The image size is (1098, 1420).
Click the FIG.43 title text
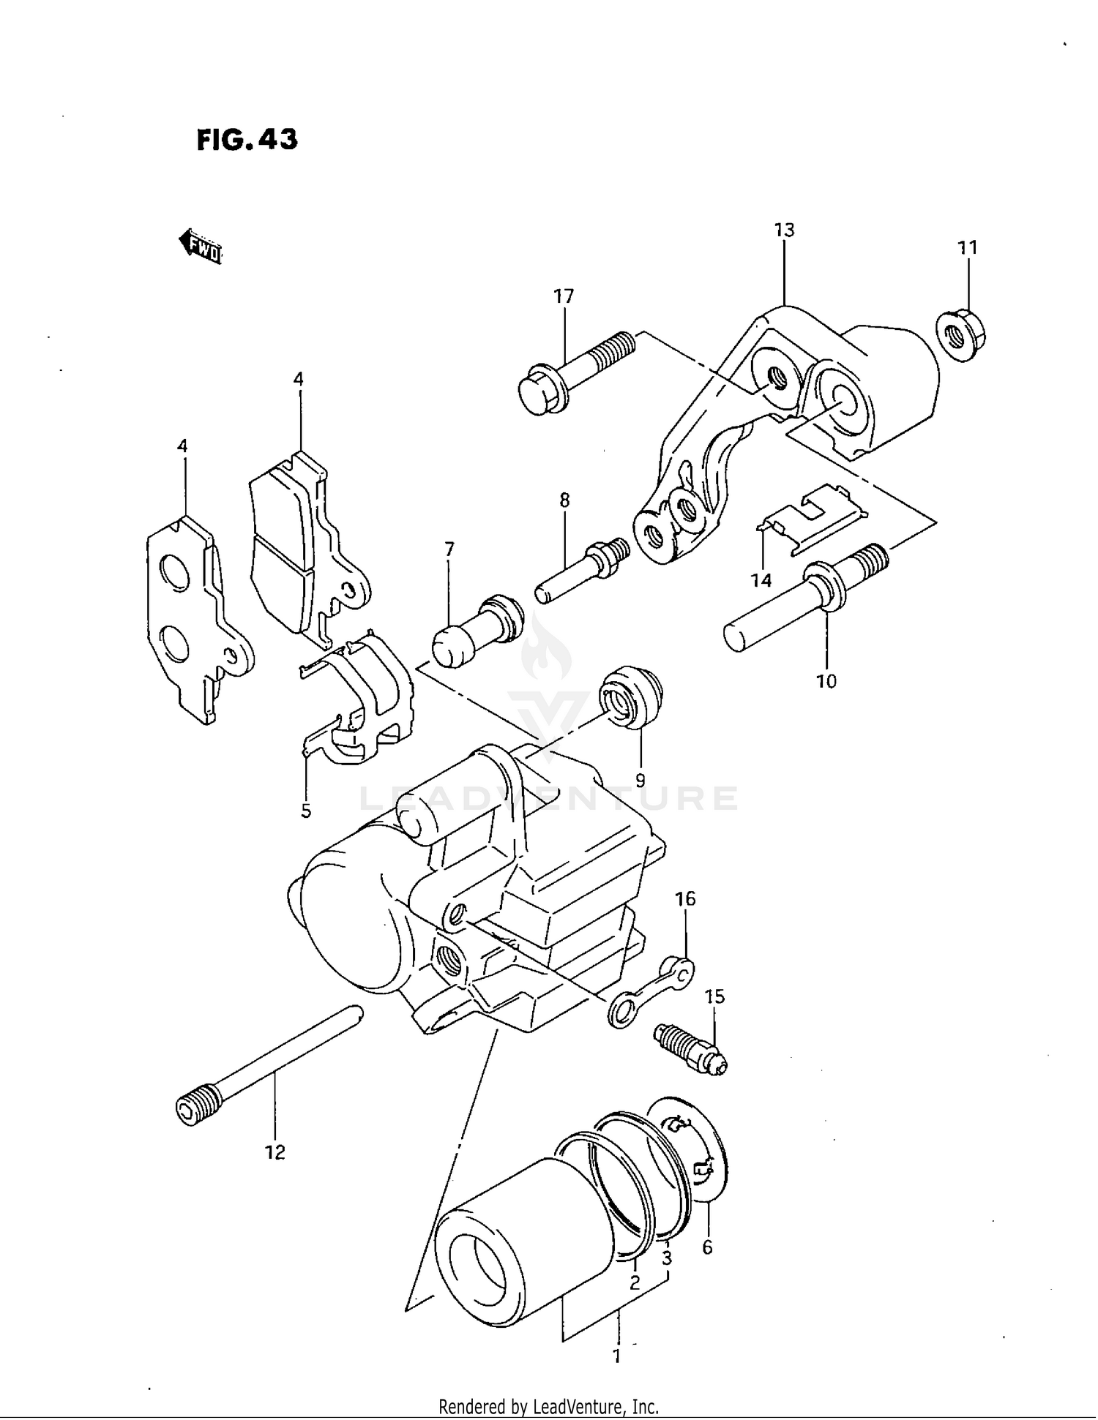coord(247,139)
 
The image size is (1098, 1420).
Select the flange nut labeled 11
coord(961,337)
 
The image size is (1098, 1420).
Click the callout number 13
coord(784,230)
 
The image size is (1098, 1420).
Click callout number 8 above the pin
coord(564,500)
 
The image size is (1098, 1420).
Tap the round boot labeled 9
coord(630,697)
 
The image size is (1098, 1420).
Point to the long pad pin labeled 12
coord(271,1064)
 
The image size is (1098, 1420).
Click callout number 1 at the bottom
coord(616,1356)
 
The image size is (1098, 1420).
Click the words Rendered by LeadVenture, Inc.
coord(548,1406)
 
